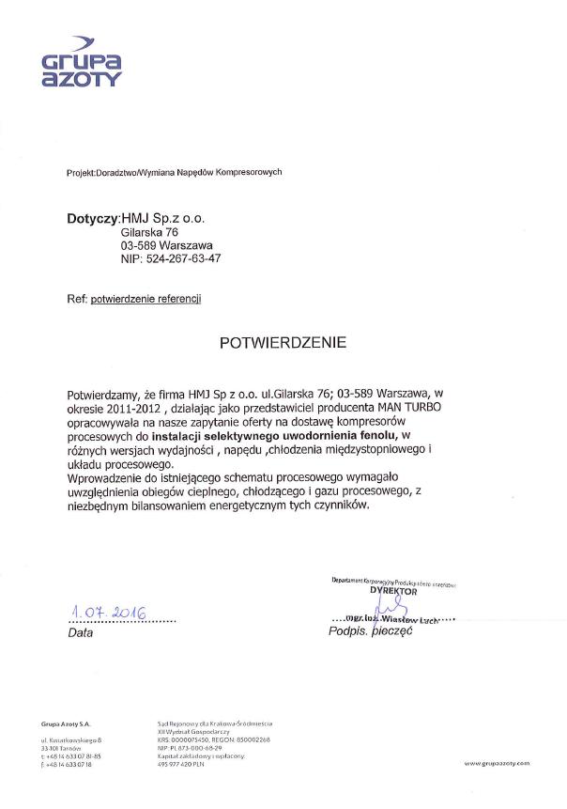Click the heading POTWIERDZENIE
[283, 343]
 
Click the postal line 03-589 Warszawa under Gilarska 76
[166, 245]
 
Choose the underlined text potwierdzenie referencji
[146, 299]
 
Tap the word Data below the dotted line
[81, 633]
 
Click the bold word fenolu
[370, 437]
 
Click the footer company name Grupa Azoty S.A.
[66, 723]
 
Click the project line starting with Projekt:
[161, 173]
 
